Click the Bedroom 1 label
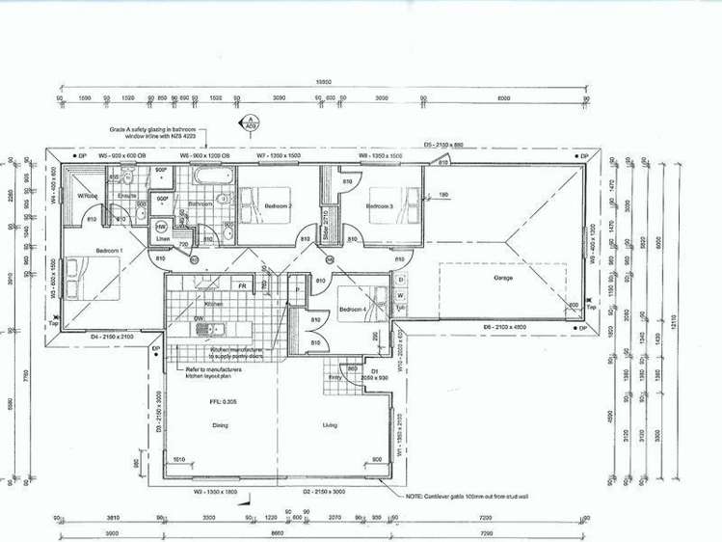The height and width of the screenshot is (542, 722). [x=109, y=251]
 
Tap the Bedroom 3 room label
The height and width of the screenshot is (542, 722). [x=381, y=206]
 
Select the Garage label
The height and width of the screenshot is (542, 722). [x=503, y=278]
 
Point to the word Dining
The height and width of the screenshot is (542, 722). [x=220, y=424]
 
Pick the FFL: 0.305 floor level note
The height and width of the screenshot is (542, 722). [x=223, y=400]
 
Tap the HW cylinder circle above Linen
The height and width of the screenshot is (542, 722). [x=161, y=226]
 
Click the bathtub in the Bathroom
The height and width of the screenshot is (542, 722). [x=211, y=177]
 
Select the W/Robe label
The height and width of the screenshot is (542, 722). [x=90, y=196]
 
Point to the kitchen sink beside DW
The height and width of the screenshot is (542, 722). [x=204, y=328]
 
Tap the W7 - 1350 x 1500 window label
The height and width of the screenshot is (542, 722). [x=279, y=155]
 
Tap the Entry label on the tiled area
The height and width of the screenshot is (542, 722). [x=334, y=379]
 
